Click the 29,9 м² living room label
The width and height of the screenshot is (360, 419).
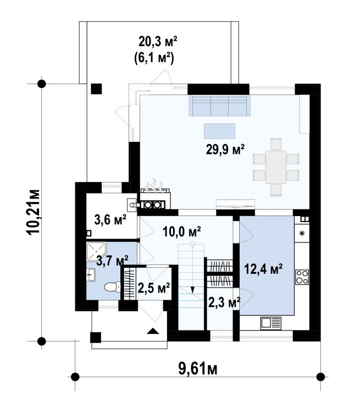click(x=225, y=149)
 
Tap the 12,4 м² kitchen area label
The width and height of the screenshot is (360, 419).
click(x=264, y=269)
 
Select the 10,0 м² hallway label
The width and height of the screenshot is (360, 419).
click(x=181, y=231)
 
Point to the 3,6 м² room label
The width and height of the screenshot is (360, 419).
click(x=110, y=220)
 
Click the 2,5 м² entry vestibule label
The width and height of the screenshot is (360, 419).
click(x=154, y=288)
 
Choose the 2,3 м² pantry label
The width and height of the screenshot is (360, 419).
click(x=224, y=302)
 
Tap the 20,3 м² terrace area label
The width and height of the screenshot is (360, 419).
click(x=158, y=41)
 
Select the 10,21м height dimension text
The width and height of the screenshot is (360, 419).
click(x=34, y=212)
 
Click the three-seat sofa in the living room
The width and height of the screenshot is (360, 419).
click(x=219, y=106)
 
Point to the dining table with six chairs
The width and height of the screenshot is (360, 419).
click(x=276, y=167)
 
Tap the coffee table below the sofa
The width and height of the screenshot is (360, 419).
click(x=219, y=131)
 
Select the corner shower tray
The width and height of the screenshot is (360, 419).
click(x=96, y=251)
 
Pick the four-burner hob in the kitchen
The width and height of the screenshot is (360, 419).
click(x=302, y=277)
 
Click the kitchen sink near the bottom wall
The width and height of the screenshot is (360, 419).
click(x=271, y=323)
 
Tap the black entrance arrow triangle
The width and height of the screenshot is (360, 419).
click(x=153, y=331)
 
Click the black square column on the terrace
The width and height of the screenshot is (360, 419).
click(x=96, y=89)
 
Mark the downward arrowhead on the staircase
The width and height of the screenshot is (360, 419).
click(x=192, y=290)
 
